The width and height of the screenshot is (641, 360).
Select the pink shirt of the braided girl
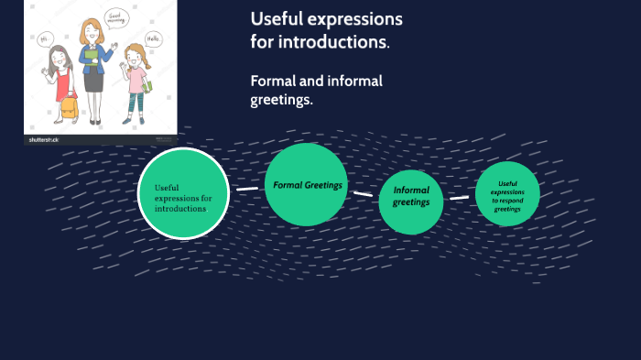(136, 81)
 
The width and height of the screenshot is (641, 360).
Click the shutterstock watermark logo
(44, 140)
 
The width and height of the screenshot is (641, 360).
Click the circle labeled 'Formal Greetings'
(307, 184)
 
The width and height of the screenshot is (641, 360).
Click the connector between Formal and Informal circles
(364, 193)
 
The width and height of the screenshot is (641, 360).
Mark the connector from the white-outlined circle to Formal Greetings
(247, 189)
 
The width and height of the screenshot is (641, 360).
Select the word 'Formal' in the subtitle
(276, 81)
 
